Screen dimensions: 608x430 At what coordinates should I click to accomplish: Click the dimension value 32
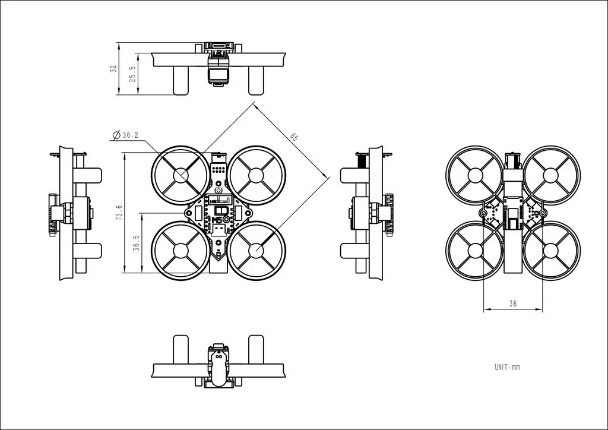(113, 69)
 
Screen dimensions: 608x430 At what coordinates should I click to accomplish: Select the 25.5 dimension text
(132, 74)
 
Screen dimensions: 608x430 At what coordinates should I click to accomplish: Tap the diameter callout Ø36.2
(126, 135)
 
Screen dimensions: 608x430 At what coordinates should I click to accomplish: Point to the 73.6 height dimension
(119, 213)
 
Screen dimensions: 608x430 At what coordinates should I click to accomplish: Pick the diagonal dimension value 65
(294, 137)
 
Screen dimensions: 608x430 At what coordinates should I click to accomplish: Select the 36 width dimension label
(512, 303)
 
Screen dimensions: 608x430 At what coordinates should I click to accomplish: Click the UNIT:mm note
(507, 367)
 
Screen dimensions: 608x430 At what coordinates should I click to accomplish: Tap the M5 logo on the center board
(217, 220)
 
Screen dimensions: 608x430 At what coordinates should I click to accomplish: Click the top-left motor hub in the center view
(180, 175)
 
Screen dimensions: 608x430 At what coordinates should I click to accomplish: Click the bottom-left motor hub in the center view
(180, 250)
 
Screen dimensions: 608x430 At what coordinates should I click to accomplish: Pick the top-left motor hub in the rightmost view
(474, 175)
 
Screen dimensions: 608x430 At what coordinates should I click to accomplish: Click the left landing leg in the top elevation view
(180, 80)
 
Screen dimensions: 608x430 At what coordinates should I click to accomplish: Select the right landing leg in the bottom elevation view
(255, 349)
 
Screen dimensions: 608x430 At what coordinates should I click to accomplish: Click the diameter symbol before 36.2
(116, 135)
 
